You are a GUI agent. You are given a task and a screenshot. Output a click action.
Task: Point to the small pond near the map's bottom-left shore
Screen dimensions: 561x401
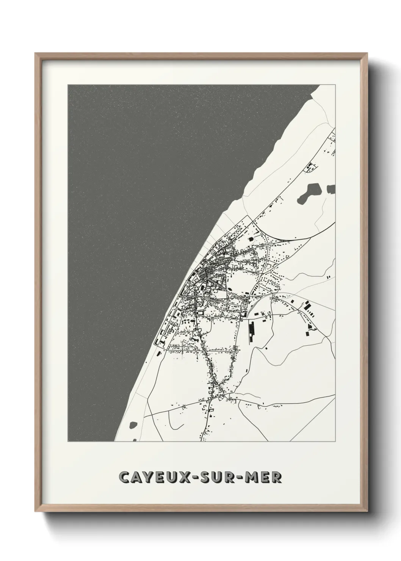tap(133, 425)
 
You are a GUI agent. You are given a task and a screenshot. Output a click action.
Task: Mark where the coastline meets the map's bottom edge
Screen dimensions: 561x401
tap(115, 441)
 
